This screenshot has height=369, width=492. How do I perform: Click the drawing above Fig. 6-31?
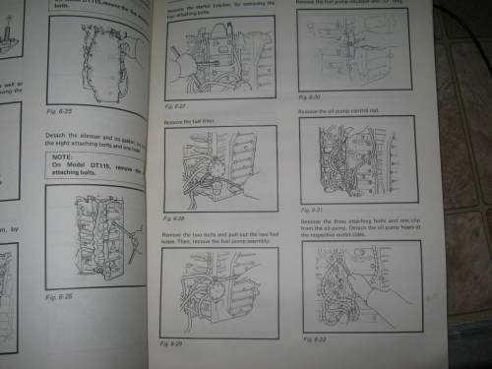(354, 157)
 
